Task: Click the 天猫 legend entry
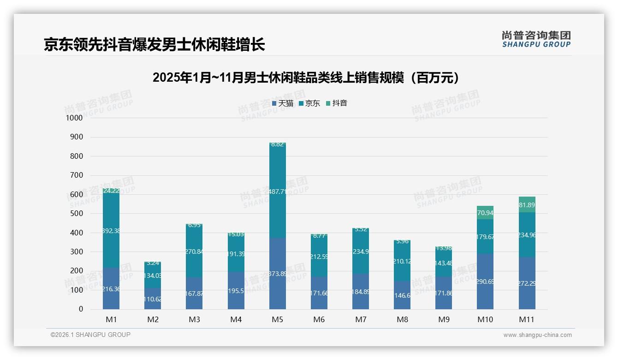[x=283, y=103]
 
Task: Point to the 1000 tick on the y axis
[x=74, y=118]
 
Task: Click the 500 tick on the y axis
[x=76, y=214]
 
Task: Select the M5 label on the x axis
[x=277, y=319]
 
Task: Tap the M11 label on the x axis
[x=527, y=319]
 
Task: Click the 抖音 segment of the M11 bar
[x=527, y=204]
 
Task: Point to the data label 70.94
[x=485, y=213]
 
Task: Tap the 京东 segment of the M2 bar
[x=153, y=276]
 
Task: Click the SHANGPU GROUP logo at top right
[x=536, y=39]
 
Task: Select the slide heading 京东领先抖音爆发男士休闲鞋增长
[x=154, y=45]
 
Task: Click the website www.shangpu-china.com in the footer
[x=537, y=335]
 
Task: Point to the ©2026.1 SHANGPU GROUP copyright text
[x=90, y=335]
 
